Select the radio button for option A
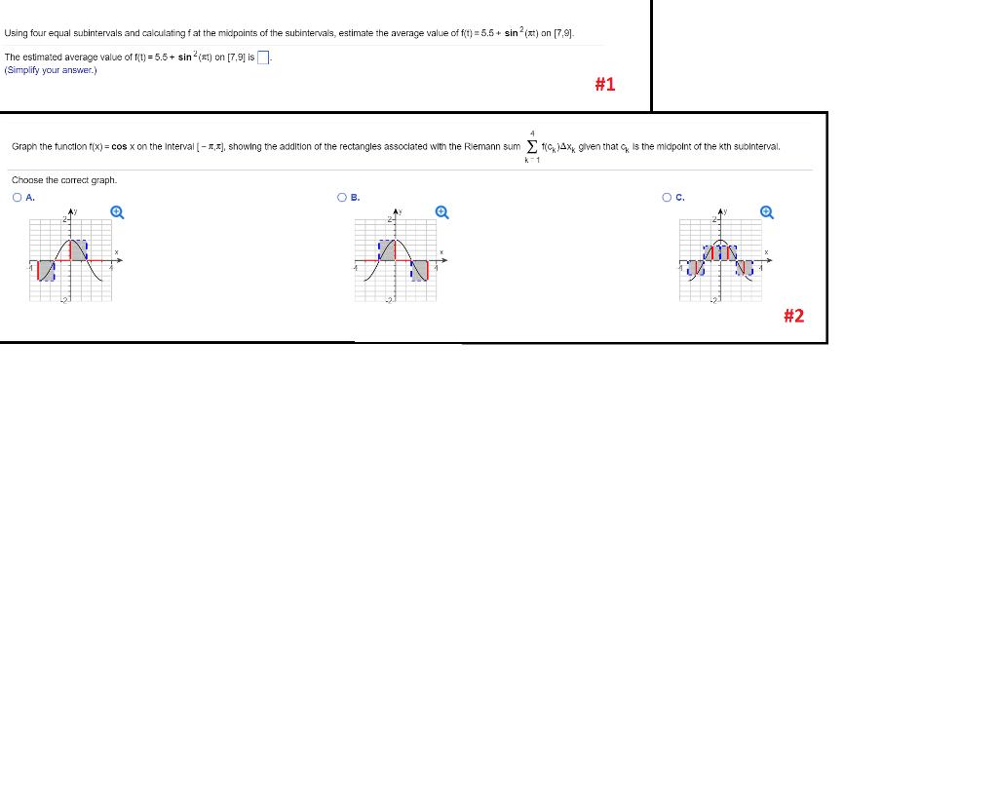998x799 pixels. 18,197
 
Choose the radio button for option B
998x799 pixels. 342,197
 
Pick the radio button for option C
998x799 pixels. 667,197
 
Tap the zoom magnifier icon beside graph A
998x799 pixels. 117,210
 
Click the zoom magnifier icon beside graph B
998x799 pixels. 441,210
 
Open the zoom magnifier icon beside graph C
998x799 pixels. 766,210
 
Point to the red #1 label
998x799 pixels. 604,85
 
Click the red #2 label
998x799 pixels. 793,315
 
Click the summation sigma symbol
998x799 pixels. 531,147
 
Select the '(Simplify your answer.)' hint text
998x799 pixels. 51,70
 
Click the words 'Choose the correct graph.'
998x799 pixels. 64,180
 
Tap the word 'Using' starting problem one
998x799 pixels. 17,33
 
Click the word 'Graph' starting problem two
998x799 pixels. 24,147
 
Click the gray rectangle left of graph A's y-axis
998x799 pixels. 46,270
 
